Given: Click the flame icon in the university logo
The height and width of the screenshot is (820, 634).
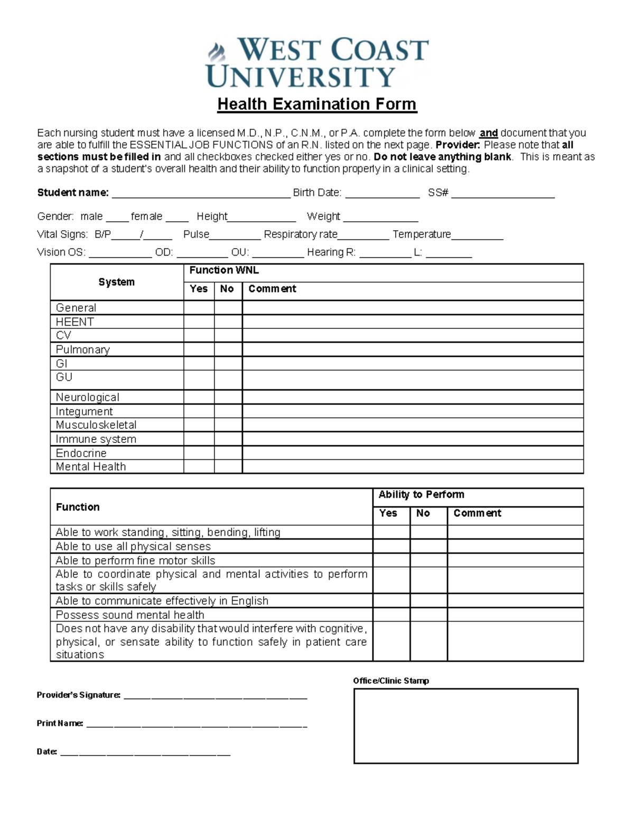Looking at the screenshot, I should pyautogui.click(x=216, y=52).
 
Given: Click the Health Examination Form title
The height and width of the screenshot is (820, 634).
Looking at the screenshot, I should pyautogui.click(x=317, y=104).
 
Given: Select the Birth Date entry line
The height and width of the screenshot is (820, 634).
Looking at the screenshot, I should pyautogui.click(x=382, y=194).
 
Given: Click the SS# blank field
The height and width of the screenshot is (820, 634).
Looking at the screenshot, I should pyautogui.click(x=502, y=194).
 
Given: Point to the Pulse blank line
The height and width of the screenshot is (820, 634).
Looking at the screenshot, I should pyautogui.click(x=235, y=235).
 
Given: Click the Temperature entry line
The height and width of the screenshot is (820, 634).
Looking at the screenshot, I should pyautogui.click(x=477, y=235).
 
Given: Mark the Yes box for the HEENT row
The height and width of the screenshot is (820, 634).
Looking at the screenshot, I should pyautogui.click(x=199, y=322).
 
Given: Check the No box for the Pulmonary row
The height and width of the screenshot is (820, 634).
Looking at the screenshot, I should pyautogui.click(x=228, y=350).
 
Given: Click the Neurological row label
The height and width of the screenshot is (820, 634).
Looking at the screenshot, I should pyautogui.click(x=88, y=397).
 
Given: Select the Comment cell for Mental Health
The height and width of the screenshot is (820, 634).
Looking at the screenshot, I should pyautogui.click(x=412, y=467).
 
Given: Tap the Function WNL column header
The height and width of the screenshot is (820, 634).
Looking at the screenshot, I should pyautogui.click(x=224, y=270).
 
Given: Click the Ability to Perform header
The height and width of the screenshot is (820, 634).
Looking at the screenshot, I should pyautogui.click(x=421, y=495).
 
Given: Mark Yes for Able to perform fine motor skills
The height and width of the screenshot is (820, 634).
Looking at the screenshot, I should pyautogui.click(x=391, y=560).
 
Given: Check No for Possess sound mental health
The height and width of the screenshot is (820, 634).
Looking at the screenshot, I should pyautogui.click(x=428, y=615).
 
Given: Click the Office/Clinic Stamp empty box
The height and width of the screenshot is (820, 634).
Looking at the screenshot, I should pyautogui.click(x=465, y=726).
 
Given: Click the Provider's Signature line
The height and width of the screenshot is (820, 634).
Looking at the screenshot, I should pyautogui.click(x=215, y=696).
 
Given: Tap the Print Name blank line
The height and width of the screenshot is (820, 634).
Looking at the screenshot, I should pyautogui.click(x=196, y=724).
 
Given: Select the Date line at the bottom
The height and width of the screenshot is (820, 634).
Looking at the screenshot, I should pyautogui.click(x=145, y=752).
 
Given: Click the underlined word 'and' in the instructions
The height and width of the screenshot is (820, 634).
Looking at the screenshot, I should pyautogui.click(x=489, y=133).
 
